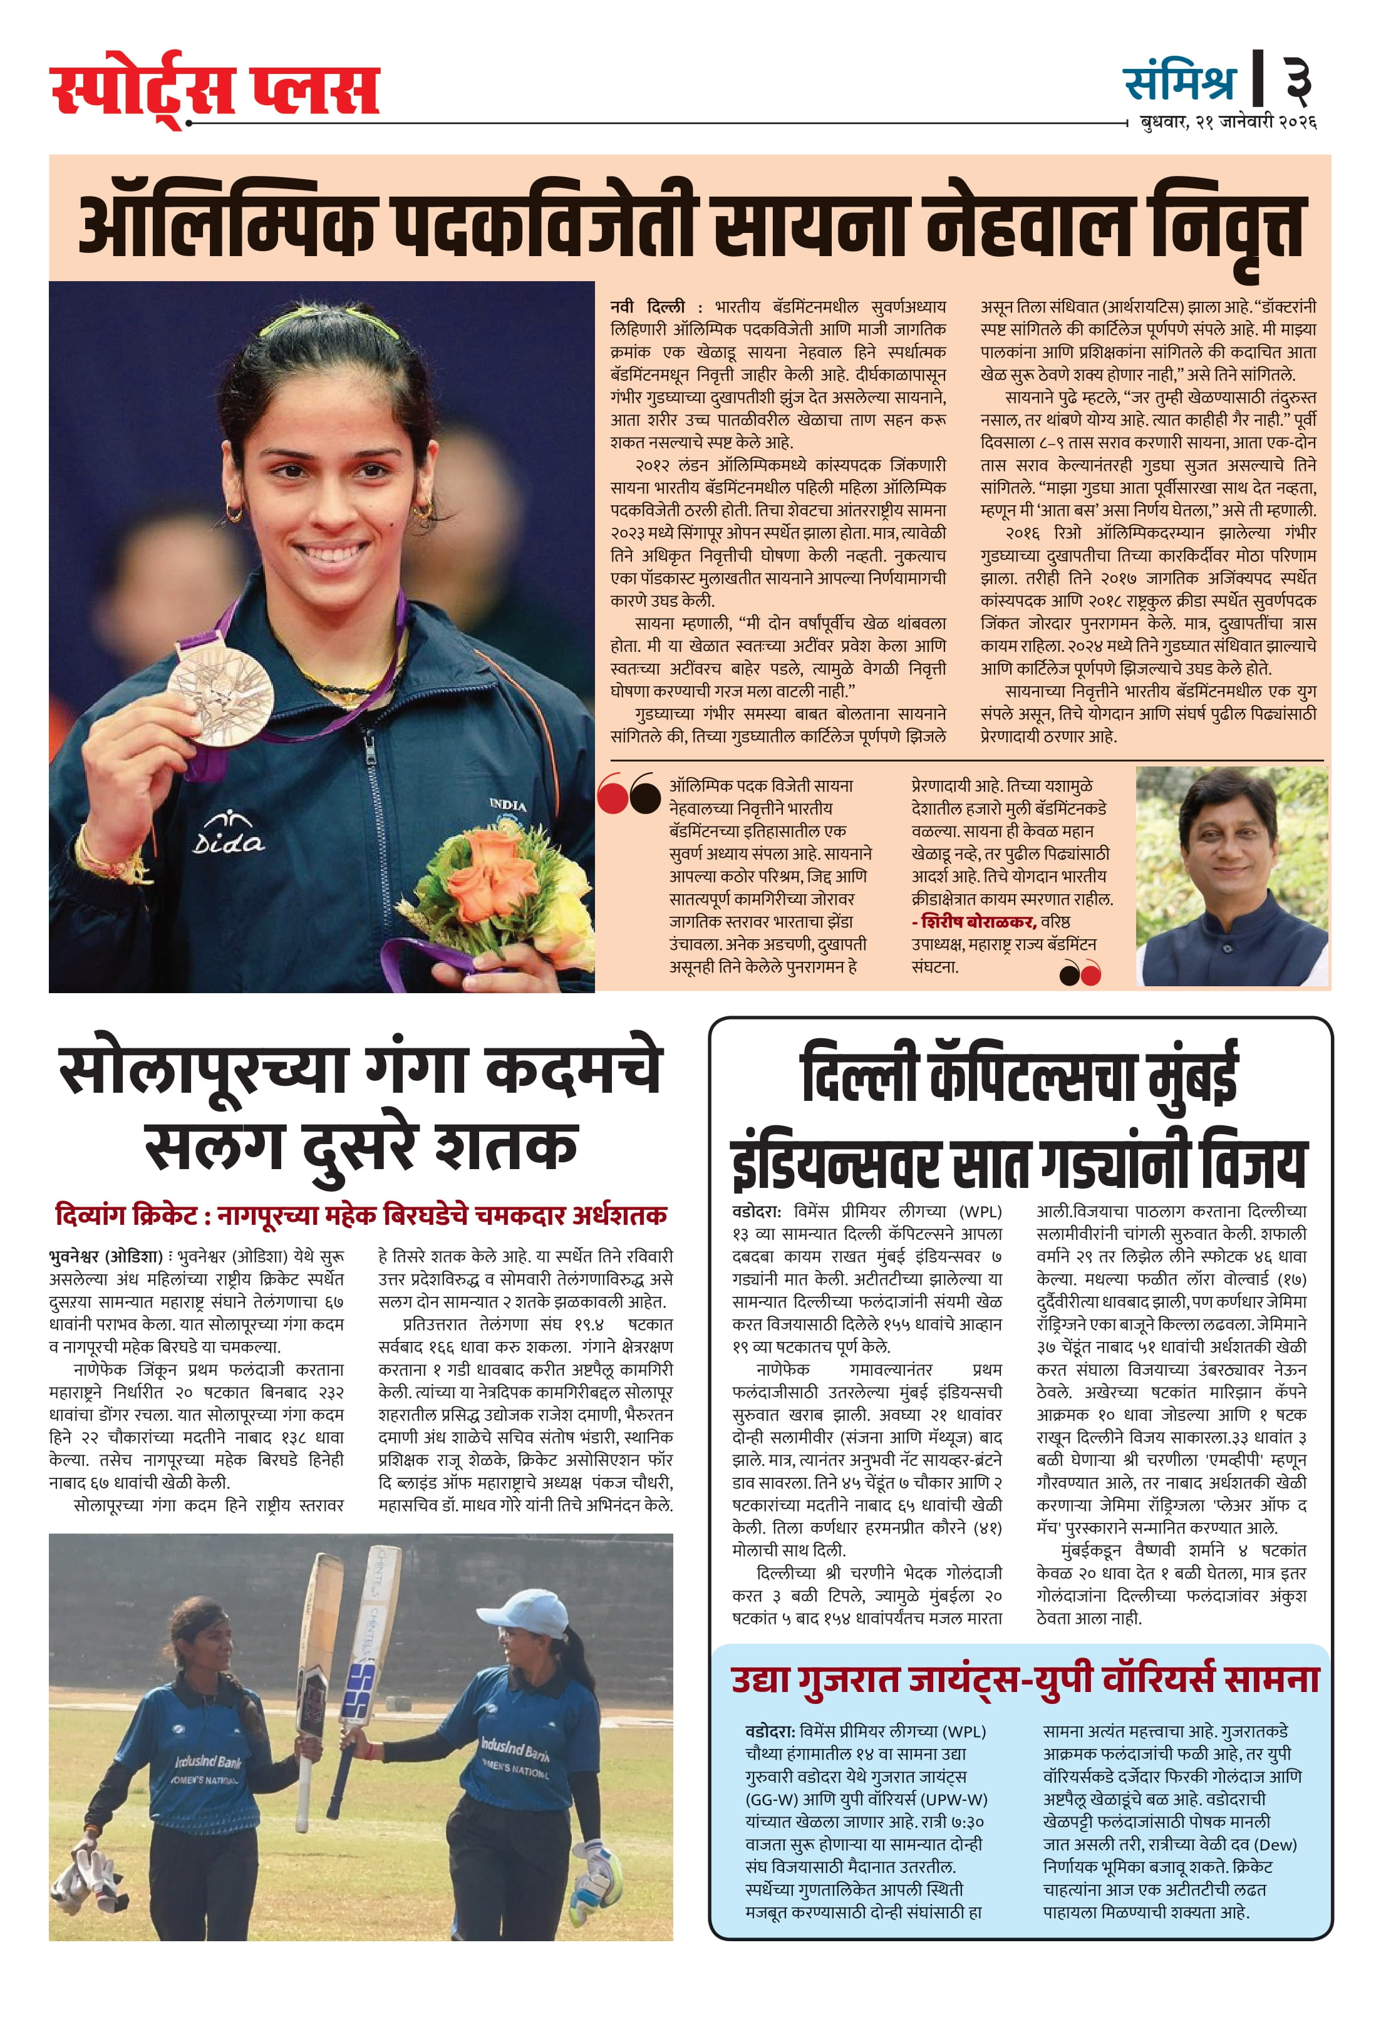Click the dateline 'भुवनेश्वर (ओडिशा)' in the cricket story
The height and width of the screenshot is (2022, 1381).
coord(105,1256)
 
